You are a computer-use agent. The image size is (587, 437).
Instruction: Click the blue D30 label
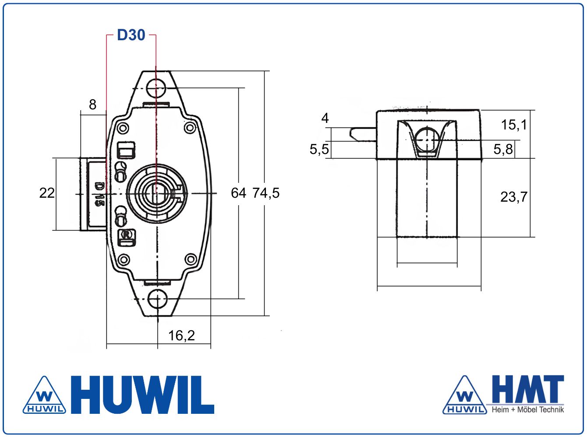[131, 35]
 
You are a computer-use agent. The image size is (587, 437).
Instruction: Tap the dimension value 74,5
[266, 193]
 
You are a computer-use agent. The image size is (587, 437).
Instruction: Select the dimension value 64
[238, 193]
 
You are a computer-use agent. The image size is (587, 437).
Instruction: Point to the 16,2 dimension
[182, 336]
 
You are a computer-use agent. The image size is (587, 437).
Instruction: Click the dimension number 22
[47, 193]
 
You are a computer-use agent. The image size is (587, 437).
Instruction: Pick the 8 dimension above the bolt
[92, 105]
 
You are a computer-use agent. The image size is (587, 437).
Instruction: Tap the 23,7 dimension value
[514, 197]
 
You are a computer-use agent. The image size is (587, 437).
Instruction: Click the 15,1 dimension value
[514, 125]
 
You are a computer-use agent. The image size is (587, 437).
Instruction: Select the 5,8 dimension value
[503, 149]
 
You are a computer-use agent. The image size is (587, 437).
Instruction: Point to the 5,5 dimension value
[319, 149]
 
